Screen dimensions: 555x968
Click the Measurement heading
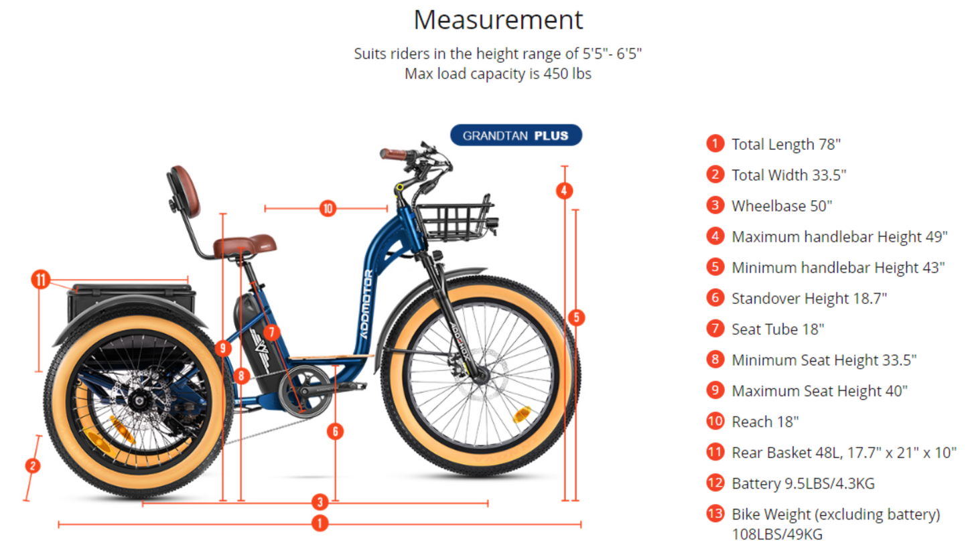click(498, 20)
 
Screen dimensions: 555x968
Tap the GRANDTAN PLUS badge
click(515, 136)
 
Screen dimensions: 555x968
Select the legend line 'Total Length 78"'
click(786, 144)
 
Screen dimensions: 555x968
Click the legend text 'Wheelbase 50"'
click(781, 206)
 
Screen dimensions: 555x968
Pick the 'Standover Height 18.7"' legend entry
click(809, 298)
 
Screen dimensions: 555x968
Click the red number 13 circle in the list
click(715, 514)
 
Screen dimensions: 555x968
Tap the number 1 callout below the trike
click(320, 524)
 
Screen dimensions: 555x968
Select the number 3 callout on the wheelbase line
click(320, 502)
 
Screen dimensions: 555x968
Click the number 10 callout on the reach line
click(327, 209)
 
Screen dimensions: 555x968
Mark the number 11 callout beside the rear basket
click(41, 279)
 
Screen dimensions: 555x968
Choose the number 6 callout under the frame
click(335, 431)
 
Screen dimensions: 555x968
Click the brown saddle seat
click(245, 246)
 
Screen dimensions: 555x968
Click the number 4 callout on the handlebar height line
click(564, 190)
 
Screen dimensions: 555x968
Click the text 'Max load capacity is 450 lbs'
click(498, 74)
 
